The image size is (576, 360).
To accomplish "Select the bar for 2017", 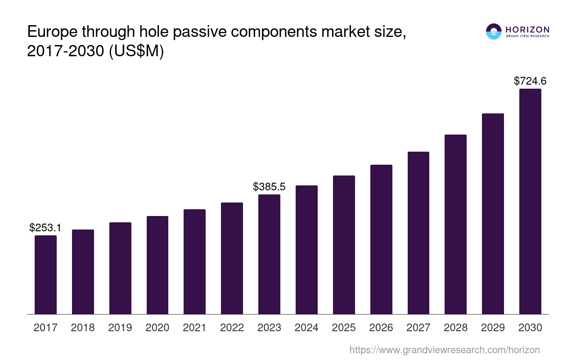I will pyautogui.click(x=45, y=274).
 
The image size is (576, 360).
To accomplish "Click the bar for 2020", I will pyautogui.click(x=157, y=265).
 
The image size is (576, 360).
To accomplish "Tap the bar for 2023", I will pyautogui.click(x=269, y=254).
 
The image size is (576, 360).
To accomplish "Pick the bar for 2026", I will pyautogui.click(x=381, y=239).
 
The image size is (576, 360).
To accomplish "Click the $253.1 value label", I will pyautogui.click(x=45, y=228).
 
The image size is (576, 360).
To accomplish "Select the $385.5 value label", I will pyautogui.click(x=269, y=187).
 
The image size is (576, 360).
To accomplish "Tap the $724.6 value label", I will pyautogui.click(x=530, y=81).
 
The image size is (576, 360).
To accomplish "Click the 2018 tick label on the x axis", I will pyautogui.click(x=83, y=328).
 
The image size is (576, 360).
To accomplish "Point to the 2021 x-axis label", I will pyautogui.click(x=195, y=328).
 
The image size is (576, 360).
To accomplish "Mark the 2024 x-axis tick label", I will pyautogui.click(x=306, y=328).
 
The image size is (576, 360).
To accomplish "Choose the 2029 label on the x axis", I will pyautogui.click(x=493, y=328).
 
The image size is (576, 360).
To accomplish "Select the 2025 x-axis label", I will pyautogui.click(x=344, y=328).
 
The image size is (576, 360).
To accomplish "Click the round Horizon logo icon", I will pyautogui.click(x=494, y=31).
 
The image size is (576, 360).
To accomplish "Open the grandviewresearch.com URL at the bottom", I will pyautogui.click(x=444, y=350).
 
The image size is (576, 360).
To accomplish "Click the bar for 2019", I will pyautogui.click(x=120, y=268).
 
